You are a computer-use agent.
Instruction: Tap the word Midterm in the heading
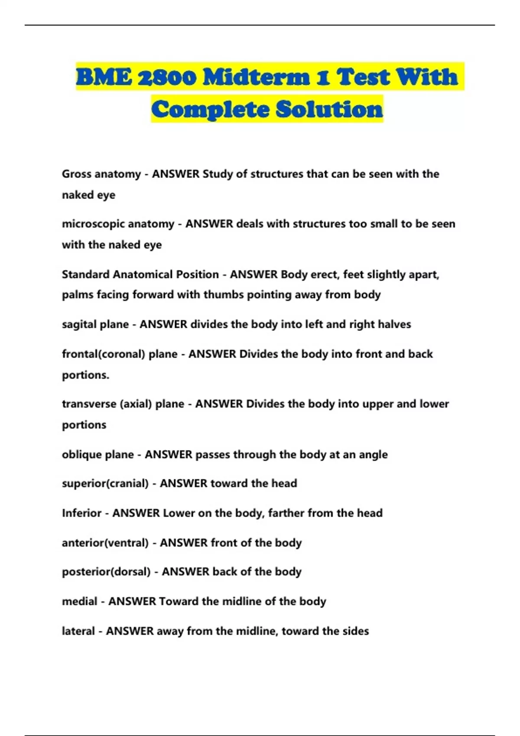[x=256, y=77]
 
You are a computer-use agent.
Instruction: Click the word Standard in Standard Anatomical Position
[x=85, y=274]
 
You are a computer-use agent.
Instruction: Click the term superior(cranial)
[x=105, y=484]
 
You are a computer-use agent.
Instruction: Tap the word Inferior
[x=81, y=513]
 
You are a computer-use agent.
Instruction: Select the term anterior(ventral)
[x=105, y=543]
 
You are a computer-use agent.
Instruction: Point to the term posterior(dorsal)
[x=106, y=572]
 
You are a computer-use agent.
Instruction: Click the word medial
[x=79, y=601]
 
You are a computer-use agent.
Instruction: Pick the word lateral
[x=78, y=631]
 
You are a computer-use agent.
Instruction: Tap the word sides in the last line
[x=355, y=631]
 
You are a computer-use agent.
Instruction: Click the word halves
[x=394, y=324]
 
